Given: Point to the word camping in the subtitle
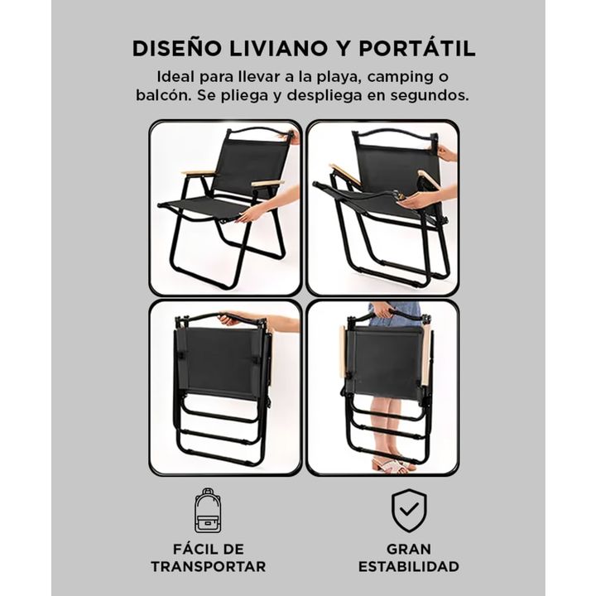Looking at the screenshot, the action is [398, 78].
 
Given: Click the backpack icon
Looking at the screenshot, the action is [208, 511].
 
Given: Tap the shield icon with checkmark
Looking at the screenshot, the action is [409, 511].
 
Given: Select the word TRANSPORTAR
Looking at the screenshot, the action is [209, 566].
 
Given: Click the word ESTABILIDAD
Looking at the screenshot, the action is [409, 566].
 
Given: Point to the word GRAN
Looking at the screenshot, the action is [409, 550].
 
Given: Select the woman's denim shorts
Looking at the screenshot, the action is [396, 315].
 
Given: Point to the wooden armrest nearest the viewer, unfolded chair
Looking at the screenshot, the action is [267, 184].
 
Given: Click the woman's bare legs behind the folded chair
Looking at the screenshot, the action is [387, 425].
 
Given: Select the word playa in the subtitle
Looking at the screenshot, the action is [338, 78].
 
